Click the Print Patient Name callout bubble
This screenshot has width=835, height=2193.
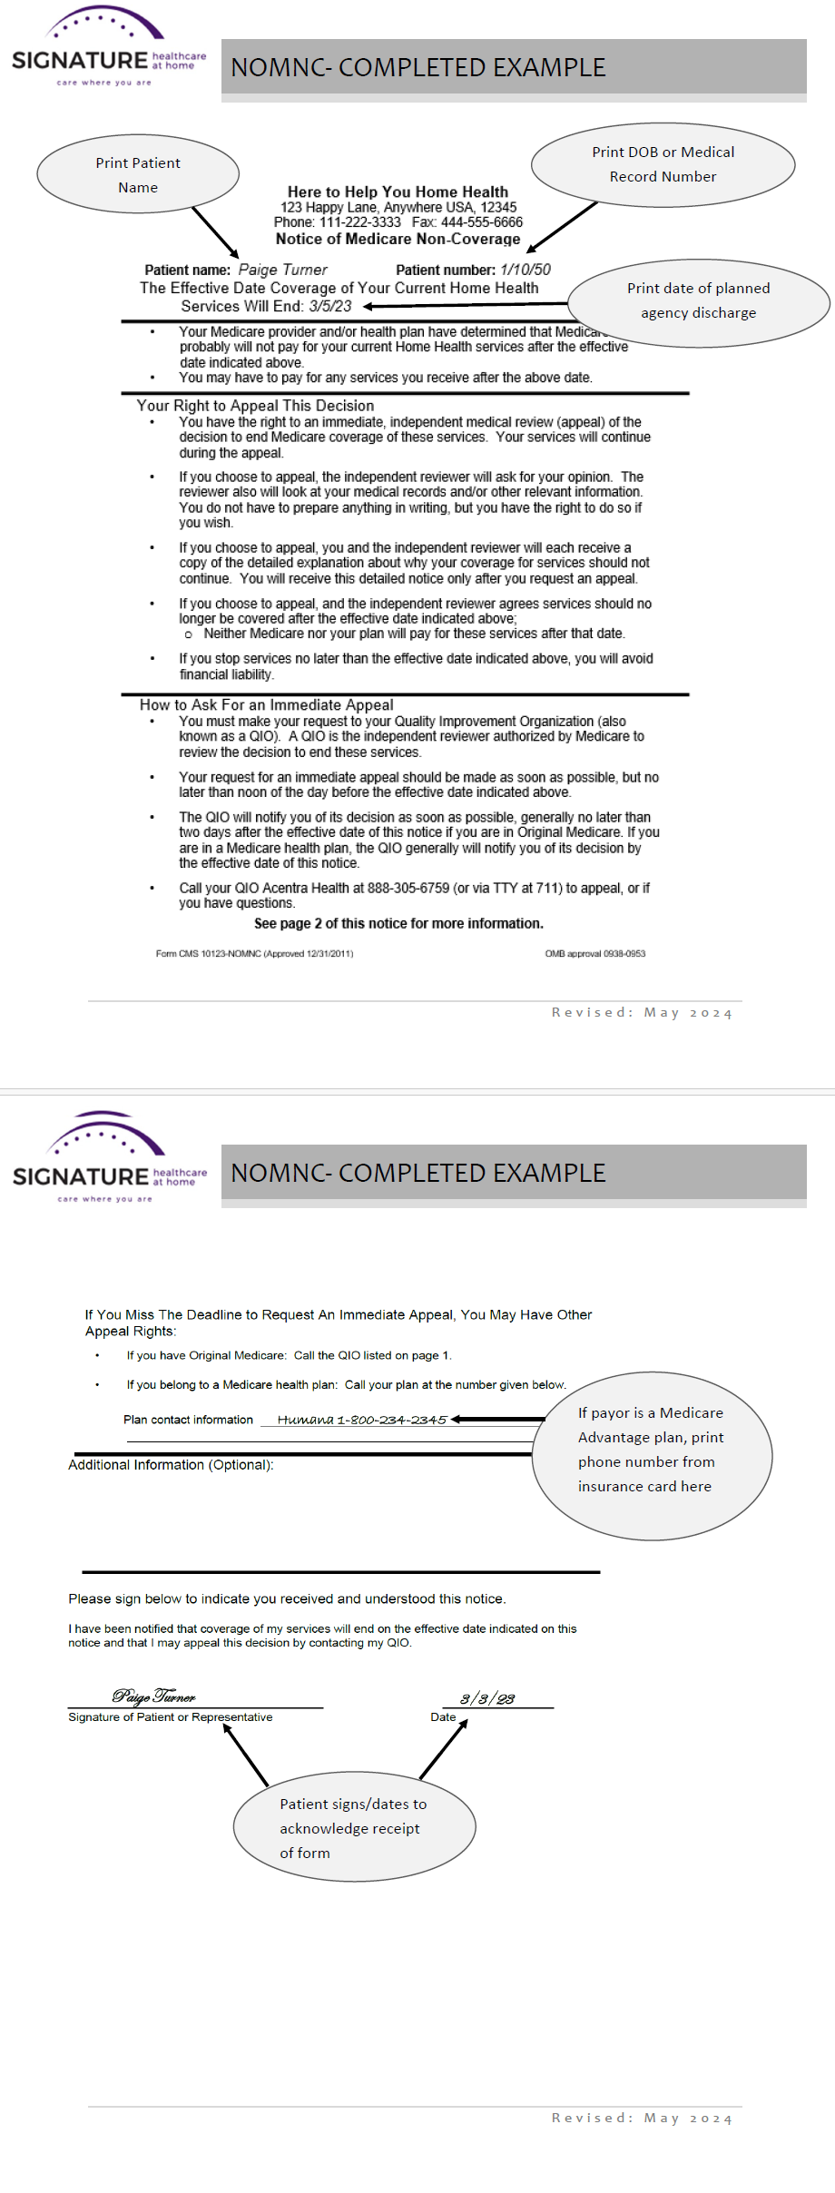[138, 175]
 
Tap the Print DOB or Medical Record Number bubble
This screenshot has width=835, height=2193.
[663, 164]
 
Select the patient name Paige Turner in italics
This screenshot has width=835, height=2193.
[282, 270]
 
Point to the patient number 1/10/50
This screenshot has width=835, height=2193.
[525, 270]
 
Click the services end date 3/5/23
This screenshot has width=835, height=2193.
[329, 307]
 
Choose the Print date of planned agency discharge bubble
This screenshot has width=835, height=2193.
[698, 300]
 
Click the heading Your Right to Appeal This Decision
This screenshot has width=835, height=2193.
[255, 406]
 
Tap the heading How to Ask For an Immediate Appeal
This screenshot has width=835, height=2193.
[266, 705]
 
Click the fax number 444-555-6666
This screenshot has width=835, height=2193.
[482, 222]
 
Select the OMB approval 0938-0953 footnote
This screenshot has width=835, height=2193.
[594, 954]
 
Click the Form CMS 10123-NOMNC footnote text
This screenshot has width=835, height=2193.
[254, 954]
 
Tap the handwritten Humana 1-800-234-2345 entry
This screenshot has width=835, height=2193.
[361, 1420]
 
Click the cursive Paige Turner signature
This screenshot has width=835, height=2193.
[153, 1696]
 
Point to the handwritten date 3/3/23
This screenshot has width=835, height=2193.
[487, 1699]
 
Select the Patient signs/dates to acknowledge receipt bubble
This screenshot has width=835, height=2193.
[354, 1828]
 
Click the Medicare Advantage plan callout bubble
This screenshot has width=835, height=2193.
[651, 1455]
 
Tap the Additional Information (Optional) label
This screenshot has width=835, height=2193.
[171, 1465]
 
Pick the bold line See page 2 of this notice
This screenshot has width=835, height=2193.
[398, 924]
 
